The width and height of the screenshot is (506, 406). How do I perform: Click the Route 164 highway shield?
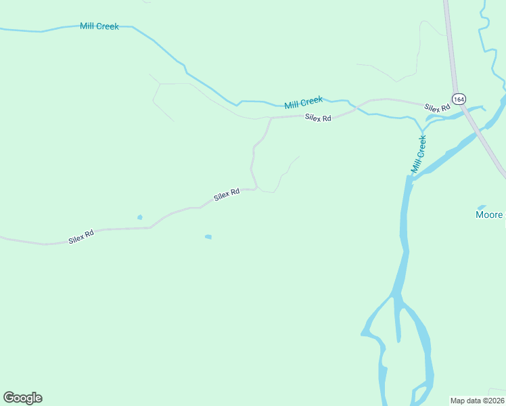pos(459,99)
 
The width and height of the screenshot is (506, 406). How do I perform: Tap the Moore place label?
pos(489,215)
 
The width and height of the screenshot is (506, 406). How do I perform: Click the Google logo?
pos(22,398)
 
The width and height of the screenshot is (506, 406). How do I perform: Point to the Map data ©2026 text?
pos(478,400)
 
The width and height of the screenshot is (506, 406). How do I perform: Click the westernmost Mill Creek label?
pos(99,26)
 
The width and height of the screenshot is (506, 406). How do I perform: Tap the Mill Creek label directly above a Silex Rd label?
pos(303,103)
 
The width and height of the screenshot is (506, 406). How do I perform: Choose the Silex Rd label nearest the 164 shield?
pos(437,108)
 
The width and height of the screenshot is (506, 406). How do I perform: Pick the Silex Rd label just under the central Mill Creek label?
pos(318,118)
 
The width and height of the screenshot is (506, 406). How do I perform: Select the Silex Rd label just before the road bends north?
pos(227,195)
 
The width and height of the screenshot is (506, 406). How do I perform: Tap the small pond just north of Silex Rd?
pos(140,217)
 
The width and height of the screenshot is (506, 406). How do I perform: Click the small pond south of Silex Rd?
pos(208,237)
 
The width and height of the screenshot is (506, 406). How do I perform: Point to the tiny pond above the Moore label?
pos(482,206)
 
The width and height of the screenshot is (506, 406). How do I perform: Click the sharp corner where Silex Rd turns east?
pos(271,118)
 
